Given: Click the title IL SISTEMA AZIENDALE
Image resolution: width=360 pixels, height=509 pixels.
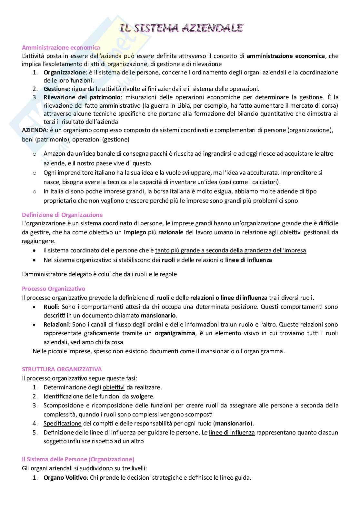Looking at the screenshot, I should click(181, 28).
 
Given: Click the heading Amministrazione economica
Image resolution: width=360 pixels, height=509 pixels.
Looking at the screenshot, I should click(61, 47).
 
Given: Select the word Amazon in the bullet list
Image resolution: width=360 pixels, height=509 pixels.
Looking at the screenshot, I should click(54, 154).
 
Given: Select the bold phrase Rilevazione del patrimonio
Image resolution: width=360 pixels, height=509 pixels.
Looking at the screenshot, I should click(83, 97).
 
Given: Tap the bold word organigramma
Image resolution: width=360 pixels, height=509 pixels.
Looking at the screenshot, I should click(175, 333).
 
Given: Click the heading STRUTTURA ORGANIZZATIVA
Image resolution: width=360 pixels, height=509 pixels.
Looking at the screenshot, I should click(62, 369).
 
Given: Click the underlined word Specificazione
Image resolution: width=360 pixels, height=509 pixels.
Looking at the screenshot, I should click(62, 423).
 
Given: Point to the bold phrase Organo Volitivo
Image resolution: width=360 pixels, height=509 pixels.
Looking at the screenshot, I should click(65, 478).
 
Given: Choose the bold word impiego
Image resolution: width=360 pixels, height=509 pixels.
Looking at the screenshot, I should click(135, 232).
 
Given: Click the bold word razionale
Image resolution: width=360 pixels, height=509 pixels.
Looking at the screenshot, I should click(171, 232).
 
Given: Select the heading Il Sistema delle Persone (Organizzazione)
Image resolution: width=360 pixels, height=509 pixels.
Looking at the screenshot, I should click(78, 459).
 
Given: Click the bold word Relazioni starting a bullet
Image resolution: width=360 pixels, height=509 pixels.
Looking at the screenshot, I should click(56, 324).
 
